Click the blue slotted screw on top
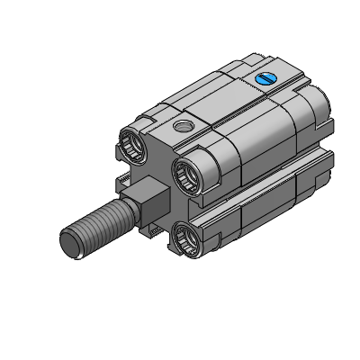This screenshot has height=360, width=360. pos(267,79)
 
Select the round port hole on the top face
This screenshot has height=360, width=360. pos(184,124)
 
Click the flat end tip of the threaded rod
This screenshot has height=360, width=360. pos(73,246)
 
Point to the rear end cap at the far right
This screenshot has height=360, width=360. pos(319,135)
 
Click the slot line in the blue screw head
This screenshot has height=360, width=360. pos(267,79)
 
